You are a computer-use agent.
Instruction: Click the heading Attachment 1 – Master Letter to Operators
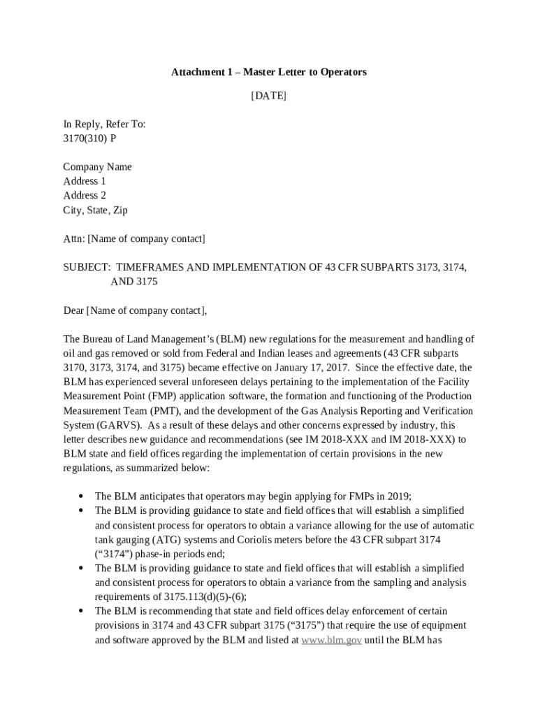click(269, 72)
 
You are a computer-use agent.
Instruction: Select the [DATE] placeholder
click(269, 96)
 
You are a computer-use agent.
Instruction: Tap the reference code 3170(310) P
click(89, 138)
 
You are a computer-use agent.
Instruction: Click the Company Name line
click(97, 167)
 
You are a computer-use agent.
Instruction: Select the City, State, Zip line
click(95, 210)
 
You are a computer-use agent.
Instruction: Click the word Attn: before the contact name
click(73, 239)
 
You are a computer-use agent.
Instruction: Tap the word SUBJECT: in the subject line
click(87, 268)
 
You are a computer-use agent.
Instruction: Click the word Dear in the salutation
click(73, 310)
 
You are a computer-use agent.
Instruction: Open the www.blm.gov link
click(331, 640)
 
